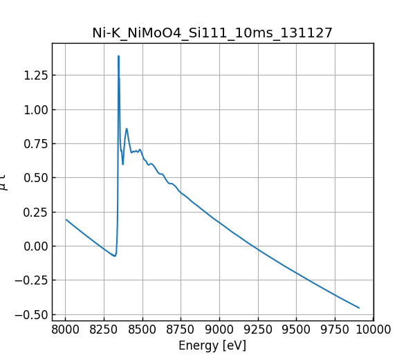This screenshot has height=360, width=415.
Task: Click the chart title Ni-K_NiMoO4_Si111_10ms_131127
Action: tap(212, 33)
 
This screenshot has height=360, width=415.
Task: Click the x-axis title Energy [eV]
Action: tap(212, 345)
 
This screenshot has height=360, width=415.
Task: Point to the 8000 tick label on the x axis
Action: tap(65, 328)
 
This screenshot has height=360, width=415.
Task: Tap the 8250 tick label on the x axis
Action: tap(104, 328)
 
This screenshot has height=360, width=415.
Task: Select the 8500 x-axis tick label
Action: tap(142, 328)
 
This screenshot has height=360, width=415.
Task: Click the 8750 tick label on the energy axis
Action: tap(181, 328)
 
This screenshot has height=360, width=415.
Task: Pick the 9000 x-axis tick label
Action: tap(219, 328)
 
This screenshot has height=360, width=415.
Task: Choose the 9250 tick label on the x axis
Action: tap(258, 328)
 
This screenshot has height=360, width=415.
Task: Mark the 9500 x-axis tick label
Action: tap(296, 328)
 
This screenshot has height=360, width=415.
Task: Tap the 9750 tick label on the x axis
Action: tap(335, 328)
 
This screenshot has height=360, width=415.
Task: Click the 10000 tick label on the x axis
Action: tap(373, 328)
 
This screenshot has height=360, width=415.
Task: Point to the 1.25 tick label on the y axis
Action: tap(35, 75)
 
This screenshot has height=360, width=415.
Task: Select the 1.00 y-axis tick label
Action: tap(35, 109)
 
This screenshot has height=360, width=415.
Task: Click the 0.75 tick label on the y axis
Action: tap(35, 144)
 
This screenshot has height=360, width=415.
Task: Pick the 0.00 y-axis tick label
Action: tap(35, 246)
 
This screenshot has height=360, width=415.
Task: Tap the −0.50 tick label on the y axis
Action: tap(32, 314)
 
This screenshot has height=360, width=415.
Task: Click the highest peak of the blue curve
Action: tap(118, 56)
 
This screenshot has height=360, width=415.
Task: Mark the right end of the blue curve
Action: tap(359, 308)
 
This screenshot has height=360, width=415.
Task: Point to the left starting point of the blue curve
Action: tap(66, 219)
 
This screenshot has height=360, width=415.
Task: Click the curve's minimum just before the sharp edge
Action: tap(115, 256)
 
